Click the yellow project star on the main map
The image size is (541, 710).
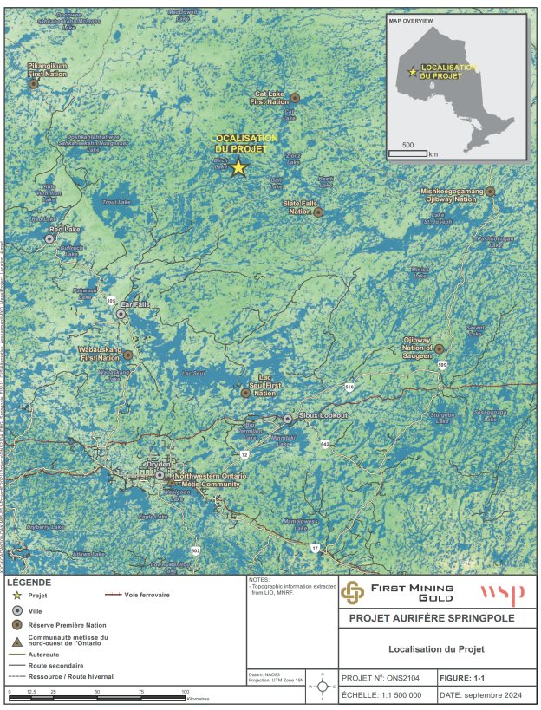[238, 168]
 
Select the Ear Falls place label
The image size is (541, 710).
[137, 304]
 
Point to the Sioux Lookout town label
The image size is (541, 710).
[323, 416]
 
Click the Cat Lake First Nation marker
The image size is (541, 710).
[295, 97]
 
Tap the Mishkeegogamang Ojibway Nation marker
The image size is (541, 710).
[490, 191]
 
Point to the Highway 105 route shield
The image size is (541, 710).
[110, 300]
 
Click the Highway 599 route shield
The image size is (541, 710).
[442, 365]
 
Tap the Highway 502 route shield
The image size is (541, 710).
[196, 550]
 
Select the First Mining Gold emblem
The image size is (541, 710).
[352, 592]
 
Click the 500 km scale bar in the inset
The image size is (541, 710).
[407, 153]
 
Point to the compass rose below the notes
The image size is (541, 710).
[323, 687]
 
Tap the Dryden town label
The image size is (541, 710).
[159, 464]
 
